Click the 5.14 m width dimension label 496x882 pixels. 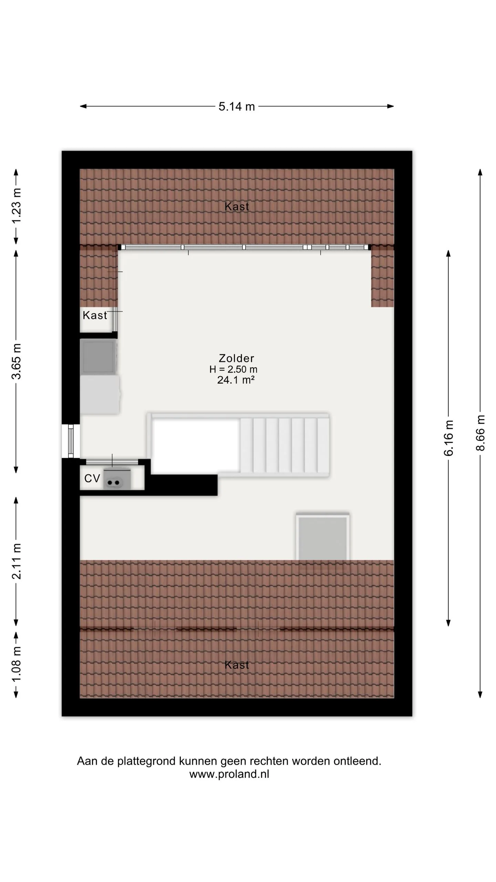(237, 106)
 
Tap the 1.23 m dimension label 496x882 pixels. (17, 206)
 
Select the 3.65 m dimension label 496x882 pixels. (17, 361)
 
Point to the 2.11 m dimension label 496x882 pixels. (17, 561)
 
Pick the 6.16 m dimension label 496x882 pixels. (448, 438)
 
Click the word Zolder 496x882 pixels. (237, 358)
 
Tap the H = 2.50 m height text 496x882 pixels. (234, 369)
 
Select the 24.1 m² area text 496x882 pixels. (236, 380)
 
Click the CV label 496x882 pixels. (92, 478)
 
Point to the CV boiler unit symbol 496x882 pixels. (117, 479)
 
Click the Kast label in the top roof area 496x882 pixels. (237, 206)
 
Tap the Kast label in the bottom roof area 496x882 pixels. (237, 665)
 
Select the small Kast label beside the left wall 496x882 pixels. (95, 315)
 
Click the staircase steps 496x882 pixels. (285, 445)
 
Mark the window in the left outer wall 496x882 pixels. (71, 441)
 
